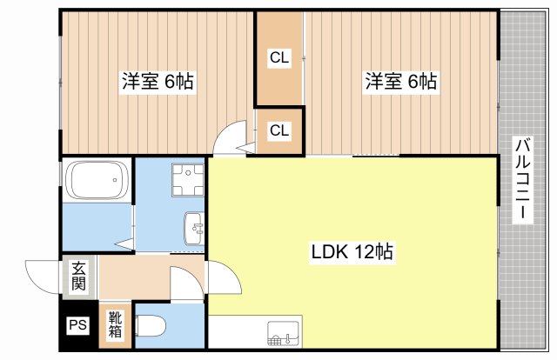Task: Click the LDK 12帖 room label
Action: coord(352,251)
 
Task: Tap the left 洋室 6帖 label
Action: coord(158,81)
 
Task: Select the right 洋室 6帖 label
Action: coord(401,81)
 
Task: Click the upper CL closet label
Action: coord(279,57)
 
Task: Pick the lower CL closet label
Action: coord(279,130)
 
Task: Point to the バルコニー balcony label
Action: coord(523,179)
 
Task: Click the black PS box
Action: coord(77,325)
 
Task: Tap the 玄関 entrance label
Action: coord(79,277)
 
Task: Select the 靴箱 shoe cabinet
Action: coord(115,325)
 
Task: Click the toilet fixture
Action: coord(151,325)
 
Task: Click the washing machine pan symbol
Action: coord(188,180)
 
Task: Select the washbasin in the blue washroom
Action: coord(194,229)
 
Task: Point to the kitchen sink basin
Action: coord(284,333)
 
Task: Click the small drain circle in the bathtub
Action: coord(115,180)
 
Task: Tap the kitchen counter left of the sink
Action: coord(238,331)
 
